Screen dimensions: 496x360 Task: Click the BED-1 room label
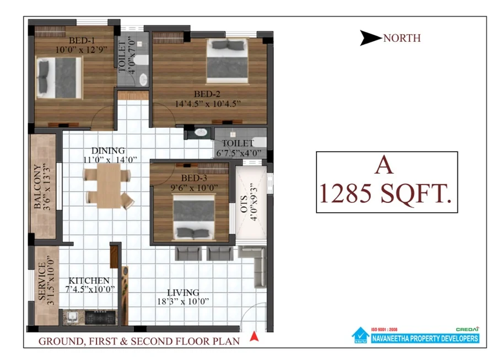point(82,40)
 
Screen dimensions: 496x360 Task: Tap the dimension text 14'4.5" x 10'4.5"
point(208,104)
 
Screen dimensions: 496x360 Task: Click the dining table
point(109,185)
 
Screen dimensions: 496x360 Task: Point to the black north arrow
point(370,38)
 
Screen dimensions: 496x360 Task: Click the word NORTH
point(402,38)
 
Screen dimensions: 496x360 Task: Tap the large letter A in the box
point(384,165)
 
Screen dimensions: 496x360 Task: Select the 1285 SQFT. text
point(386,194)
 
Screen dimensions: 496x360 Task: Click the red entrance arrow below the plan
point(254,336)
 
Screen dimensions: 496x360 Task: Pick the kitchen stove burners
point(100,318)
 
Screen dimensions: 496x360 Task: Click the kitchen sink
point(72,317)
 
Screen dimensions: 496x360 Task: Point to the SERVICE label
point(42,281)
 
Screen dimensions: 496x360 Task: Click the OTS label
point(244,204)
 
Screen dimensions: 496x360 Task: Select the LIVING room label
point(183,293)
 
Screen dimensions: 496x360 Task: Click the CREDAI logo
point(467,329)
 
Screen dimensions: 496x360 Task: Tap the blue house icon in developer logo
point(360,335)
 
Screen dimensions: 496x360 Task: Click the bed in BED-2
point(227,61)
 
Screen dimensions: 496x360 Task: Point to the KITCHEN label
point(89,281)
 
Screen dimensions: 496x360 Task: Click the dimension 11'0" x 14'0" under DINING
point(110,160)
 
